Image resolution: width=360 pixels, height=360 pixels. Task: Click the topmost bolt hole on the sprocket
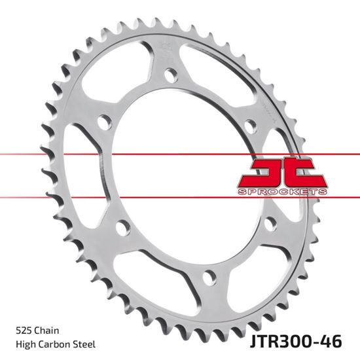(171, 75)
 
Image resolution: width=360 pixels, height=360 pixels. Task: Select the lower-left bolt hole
(122, 227)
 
